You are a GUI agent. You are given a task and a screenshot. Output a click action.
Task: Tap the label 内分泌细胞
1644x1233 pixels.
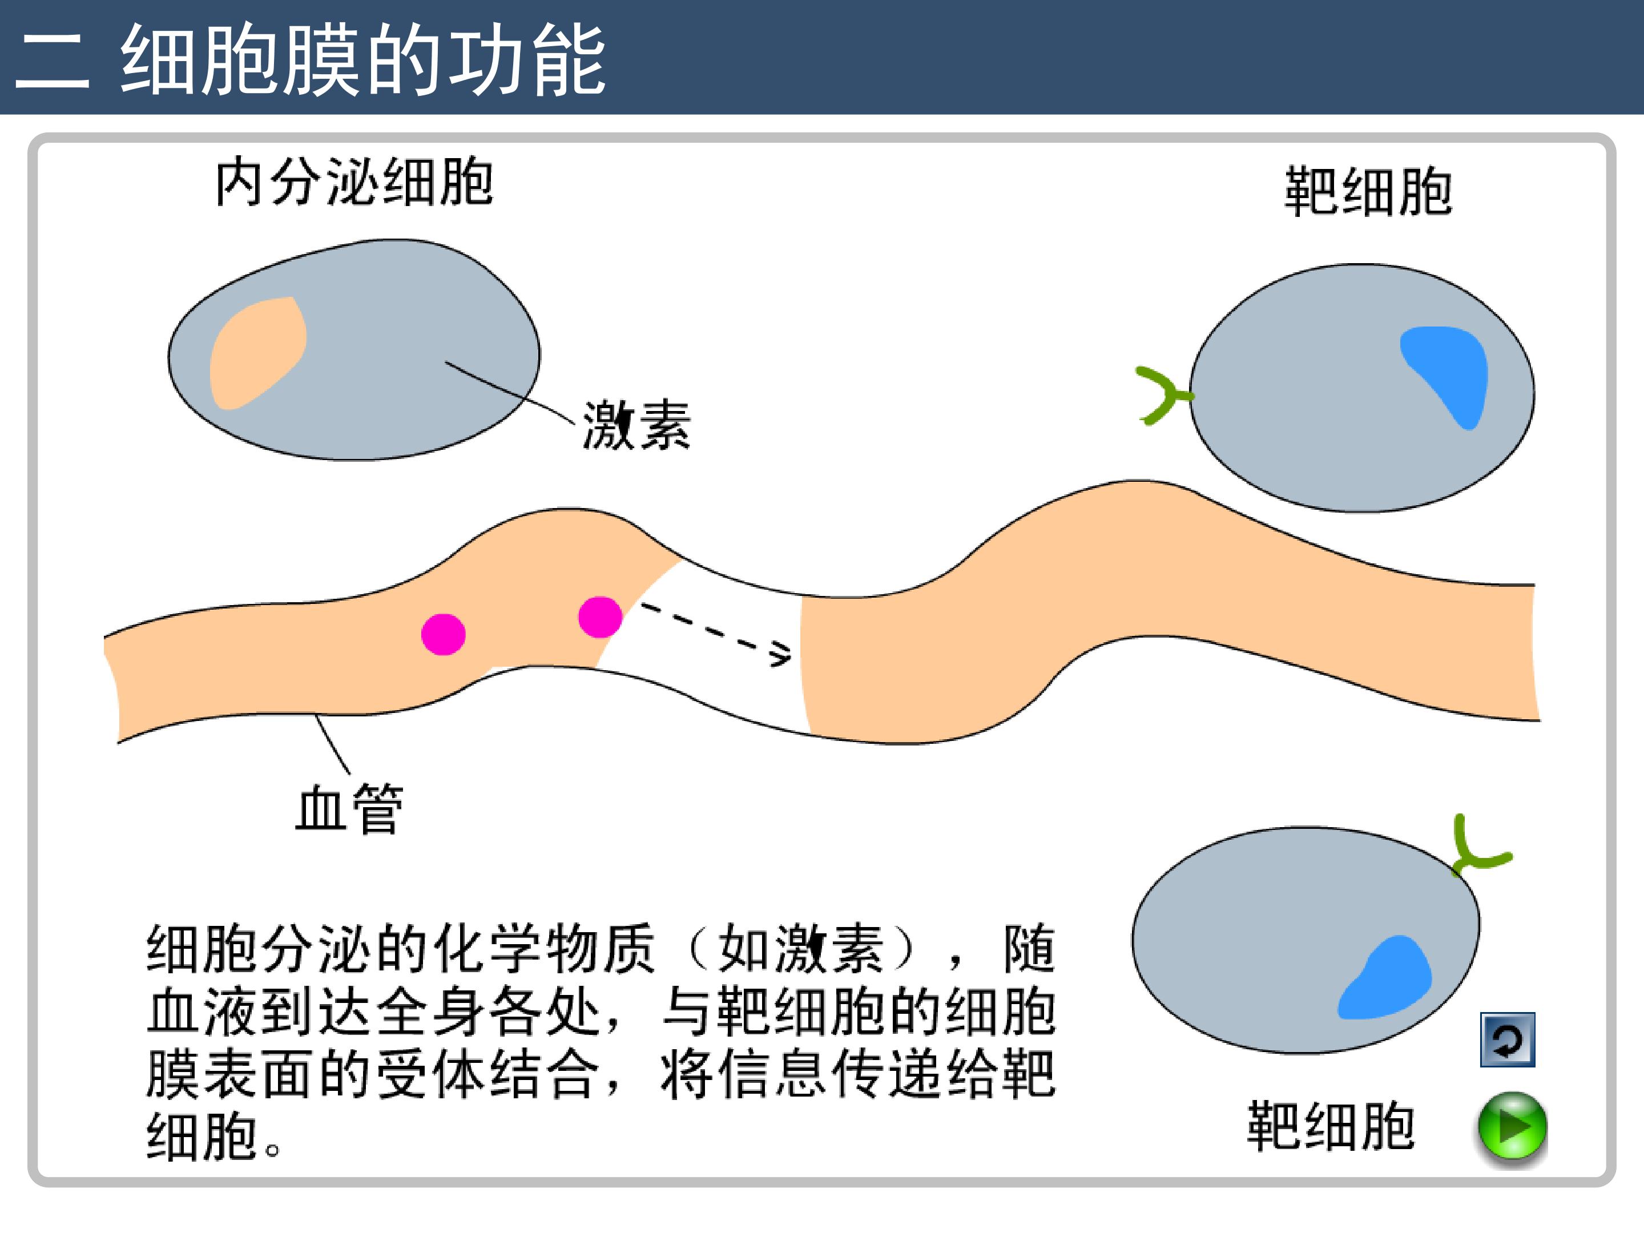point(354,183)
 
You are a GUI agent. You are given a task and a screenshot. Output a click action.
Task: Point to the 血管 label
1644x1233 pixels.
point(349,809)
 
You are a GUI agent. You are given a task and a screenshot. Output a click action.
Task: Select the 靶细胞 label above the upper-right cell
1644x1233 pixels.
point(1368,192)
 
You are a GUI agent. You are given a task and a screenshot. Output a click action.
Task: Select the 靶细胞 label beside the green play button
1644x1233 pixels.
point(1331,1127)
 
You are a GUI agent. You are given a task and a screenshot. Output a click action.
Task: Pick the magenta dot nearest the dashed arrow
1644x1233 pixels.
point(600,617)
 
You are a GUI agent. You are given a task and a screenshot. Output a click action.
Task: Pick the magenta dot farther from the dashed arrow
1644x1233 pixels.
point(443,634)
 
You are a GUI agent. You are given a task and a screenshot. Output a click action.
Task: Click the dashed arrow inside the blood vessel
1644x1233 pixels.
point(714,632)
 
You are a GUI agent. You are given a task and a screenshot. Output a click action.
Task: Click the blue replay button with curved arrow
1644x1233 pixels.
point(1507,1039)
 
